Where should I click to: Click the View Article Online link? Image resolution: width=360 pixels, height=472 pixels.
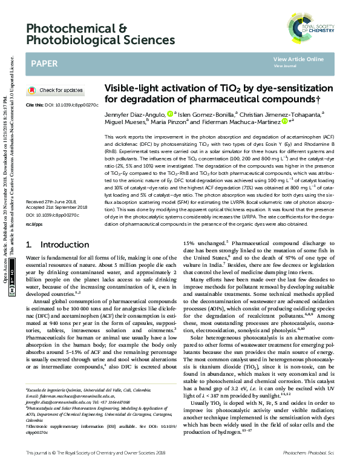coord(298,59)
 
